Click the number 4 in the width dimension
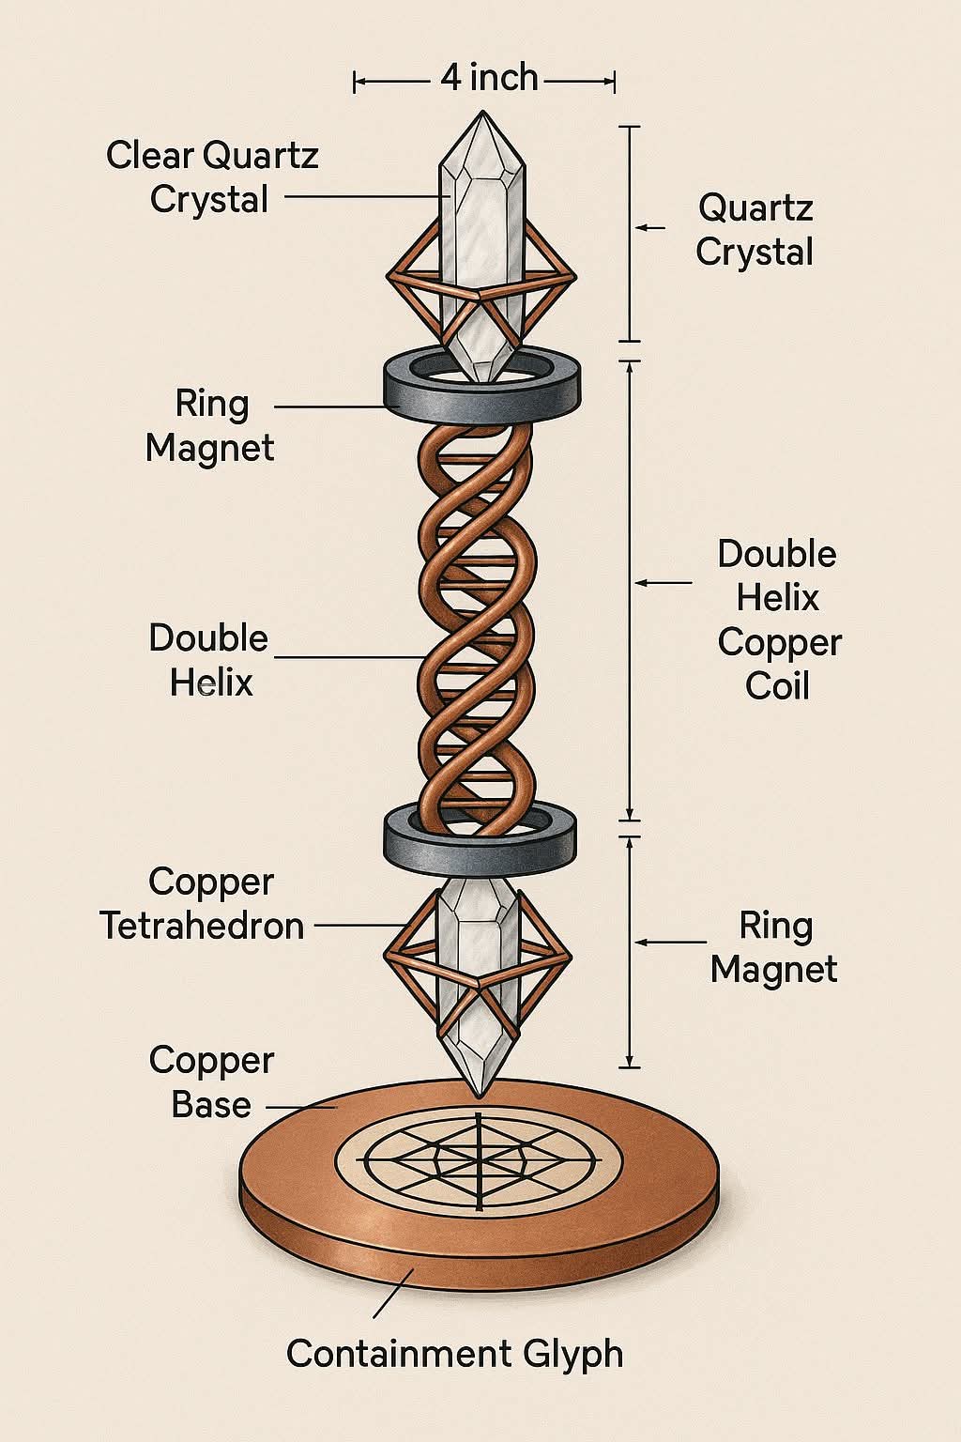[x=451, y=78]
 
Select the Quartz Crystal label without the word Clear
[x=755, y=229]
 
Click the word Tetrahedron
[x=202, y=926]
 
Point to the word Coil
[x=777, y=686]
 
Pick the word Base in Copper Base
[x=211, y=1104]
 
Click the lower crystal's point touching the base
[x=480, y=1093]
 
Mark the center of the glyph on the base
[x=480, y=1160]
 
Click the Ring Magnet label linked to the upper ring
[x=210, y=425]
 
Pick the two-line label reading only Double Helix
[x=209, y=660]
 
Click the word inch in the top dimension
[x=503, y=78]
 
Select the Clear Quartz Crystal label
[x=211, y=177]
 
